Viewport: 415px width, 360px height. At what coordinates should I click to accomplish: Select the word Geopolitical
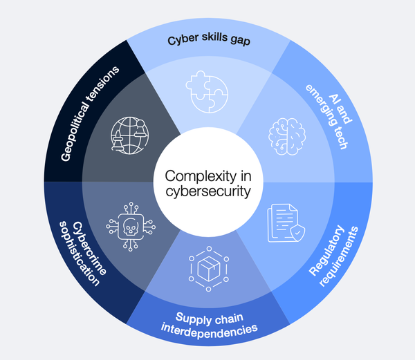click(75, 135)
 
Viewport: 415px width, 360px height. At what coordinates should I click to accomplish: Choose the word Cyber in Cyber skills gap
click(181, 40)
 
